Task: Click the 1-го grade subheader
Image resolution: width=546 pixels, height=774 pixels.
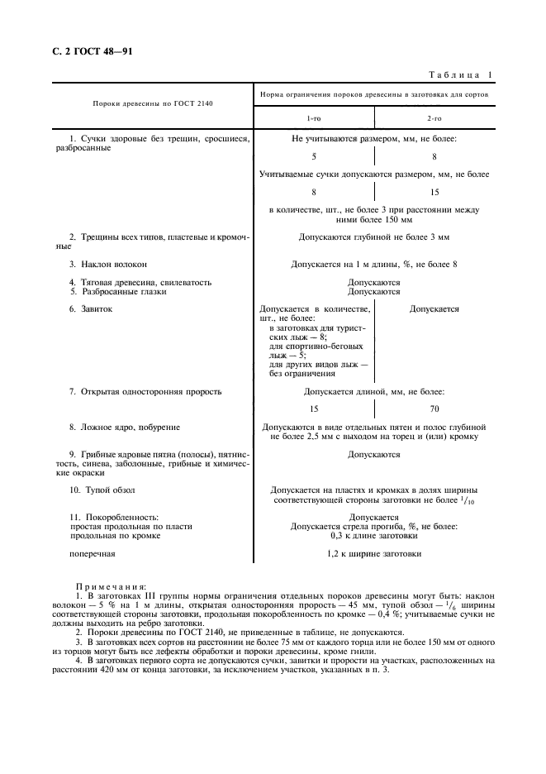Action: point(315,120)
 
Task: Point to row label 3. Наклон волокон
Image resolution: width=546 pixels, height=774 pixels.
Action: point(108,264)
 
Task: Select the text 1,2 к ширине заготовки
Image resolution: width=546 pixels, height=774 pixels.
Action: point(373,554)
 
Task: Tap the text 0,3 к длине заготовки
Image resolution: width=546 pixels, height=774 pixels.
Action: point(373,535)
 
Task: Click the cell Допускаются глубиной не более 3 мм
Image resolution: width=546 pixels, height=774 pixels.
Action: point(373,237)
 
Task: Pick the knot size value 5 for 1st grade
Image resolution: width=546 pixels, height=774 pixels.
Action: point(314,156)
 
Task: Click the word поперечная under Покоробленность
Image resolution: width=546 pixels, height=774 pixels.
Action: point(92,554)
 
